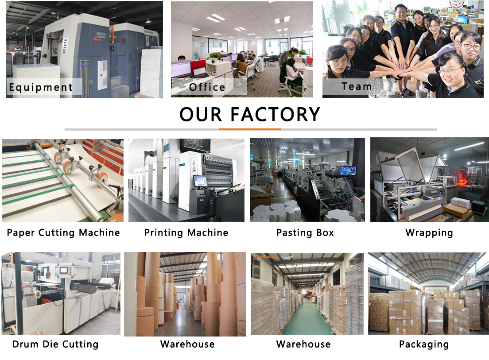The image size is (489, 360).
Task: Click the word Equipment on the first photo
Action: pyautogui.click(x=41, y=87)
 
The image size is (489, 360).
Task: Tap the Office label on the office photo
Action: pyautogui.click(x=207, y=87)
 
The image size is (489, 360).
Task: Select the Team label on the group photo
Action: pyautogui.click(x=357, y=86)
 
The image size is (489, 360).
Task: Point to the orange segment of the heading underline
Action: pyautogui.click(x=249, y=129)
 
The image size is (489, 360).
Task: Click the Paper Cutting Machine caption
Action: pyautogui.click(x=63, y=232)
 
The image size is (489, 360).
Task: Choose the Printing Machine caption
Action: pyautogui.click(x=186, y=232)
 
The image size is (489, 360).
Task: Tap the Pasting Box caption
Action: pyautogui.click(x=305, y=232)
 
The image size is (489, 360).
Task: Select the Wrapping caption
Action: pyautogui.click(x=429, y=232)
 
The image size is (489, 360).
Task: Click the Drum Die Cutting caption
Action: pyautogui.click(x=55, y=344)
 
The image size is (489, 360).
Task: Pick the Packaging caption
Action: pyautogui.click(x=423, y=344)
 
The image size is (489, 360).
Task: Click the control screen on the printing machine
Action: pyautogui.click(x=200, y=181)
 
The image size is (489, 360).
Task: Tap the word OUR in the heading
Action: pyautogui.click(x=202, y=114)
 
